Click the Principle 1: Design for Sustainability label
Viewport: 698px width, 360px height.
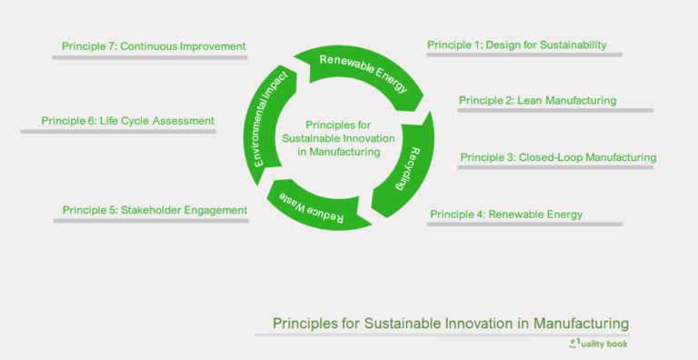tap(517, 45)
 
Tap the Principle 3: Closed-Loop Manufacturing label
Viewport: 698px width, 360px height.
tap(558, 157)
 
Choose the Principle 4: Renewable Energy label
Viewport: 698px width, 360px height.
tap(506, 215)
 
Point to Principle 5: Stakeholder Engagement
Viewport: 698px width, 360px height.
tap(155, 210)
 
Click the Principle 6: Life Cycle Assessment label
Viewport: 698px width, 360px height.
tap(128, 120)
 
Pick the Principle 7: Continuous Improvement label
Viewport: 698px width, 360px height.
tap(154, 45)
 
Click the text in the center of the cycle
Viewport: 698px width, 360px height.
tap(337, 138)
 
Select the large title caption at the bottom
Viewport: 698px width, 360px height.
tap(451, 323)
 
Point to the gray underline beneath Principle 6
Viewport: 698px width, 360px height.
tap(118, 132)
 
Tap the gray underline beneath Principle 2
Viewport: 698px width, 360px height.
tap(555, 111)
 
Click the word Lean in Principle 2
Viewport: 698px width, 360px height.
tap(530, 100)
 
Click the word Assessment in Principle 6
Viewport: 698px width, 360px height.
tap(183, 120)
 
